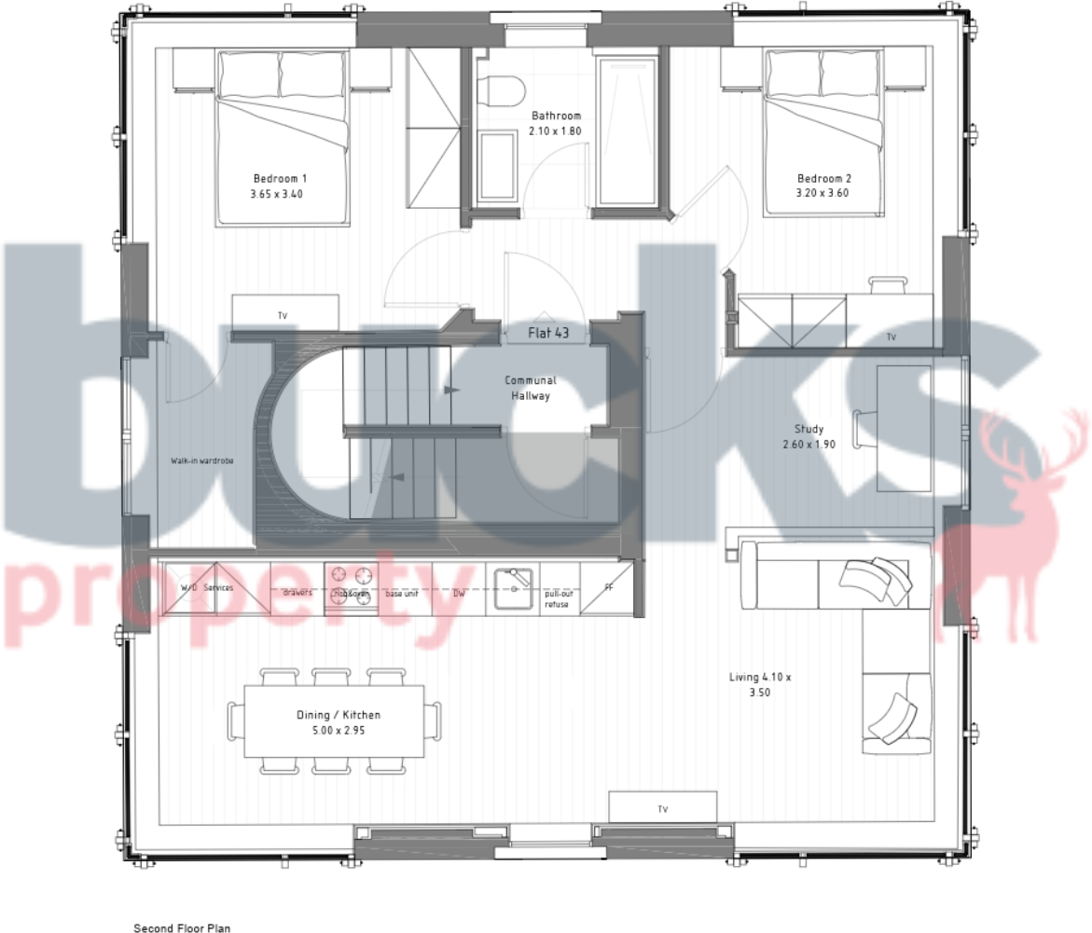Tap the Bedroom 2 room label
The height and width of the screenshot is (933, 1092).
pos(823,185)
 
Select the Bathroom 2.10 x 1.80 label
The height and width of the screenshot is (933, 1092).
pos(556,123)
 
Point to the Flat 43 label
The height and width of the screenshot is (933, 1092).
pos(548,332)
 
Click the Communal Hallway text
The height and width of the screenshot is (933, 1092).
pos(531,388)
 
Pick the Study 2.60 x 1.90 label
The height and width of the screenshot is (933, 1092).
pos(809,436)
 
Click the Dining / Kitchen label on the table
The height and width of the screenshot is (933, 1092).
pos(339,721)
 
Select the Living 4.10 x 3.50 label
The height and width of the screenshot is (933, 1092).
pos(759,685)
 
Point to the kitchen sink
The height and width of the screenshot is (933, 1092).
pos(513,587)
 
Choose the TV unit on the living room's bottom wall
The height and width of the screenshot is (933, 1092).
pos(662,808)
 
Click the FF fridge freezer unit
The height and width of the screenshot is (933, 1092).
pos(608,588)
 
